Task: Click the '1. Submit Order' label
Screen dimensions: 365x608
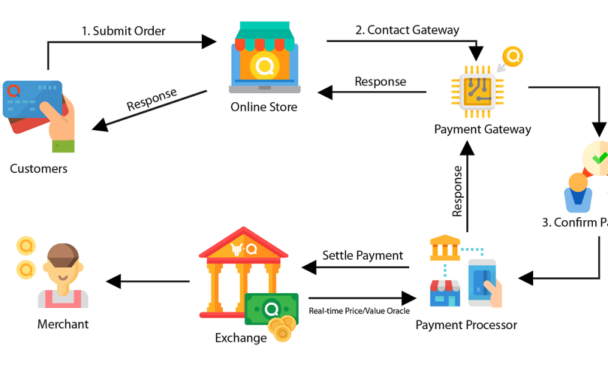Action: tap(124, 30)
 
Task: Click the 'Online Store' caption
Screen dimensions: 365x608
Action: tap(264, 107)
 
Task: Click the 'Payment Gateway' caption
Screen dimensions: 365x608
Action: tap(483, 129)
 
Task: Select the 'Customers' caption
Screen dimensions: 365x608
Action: tap(39, 169)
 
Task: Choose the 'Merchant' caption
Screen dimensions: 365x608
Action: tap(63, 324)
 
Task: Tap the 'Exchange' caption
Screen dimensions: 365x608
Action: tap(241, 338)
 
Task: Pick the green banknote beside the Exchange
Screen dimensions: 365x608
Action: tap(271, 308)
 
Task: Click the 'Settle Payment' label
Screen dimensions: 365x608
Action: tap(362, 255)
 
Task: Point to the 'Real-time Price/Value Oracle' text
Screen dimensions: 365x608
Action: tap(359, 311)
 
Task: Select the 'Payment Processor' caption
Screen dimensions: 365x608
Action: tap(466, 325)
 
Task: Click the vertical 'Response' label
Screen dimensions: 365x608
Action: tap(457, 191)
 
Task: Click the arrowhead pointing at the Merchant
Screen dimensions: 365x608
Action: tap(113, 282)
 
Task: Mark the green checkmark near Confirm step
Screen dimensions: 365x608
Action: tap(600, 157)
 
